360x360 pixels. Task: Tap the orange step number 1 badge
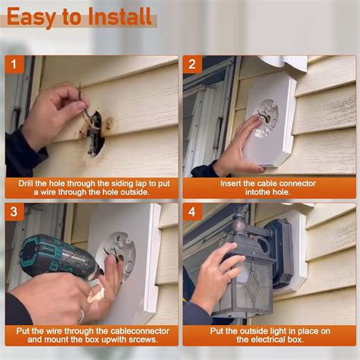point(14,65)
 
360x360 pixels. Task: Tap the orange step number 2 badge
point(192,65)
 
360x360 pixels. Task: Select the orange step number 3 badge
point(14,213)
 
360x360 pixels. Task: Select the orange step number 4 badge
point(192,213)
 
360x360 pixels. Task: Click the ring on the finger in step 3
point(81,314)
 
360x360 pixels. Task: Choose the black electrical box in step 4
point(281,251)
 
